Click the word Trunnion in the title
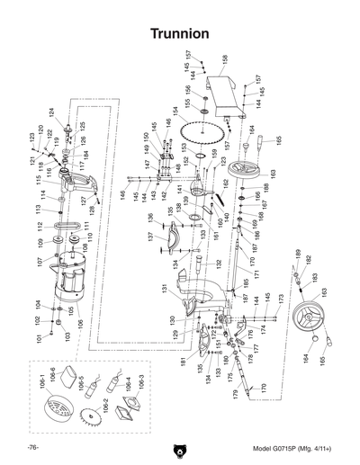pos(180,33)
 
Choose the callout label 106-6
pos(51,373)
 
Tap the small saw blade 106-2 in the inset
pos(89,419)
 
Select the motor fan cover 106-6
pos(58,418)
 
